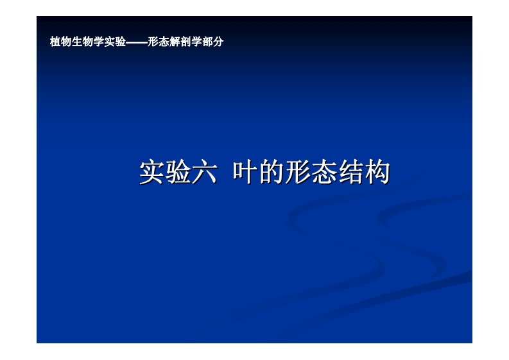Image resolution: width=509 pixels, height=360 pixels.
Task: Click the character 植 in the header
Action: [x=55, y=42]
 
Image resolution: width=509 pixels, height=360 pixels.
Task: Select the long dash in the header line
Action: [x=136, y=42]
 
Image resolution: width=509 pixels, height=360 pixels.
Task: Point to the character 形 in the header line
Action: [x=151, y=42]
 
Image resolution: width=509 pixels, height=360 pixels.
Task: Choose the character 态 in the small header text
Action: [x=161, y=42]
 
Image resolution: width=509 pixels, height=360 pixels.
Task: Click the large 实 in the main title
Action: [x=152, y=173]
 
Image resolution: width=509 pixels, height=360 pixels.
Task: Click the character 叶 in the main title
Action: [x=245, y=173]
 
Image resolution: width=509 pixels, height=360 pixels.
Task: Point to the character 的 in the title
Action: [x=272, y=173]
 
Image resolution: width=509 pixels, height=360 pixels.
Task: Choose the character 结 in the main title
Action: [x=350, y=173]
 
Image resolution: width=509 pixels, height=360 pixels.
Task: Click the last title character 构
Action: [x=377, y=173]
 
